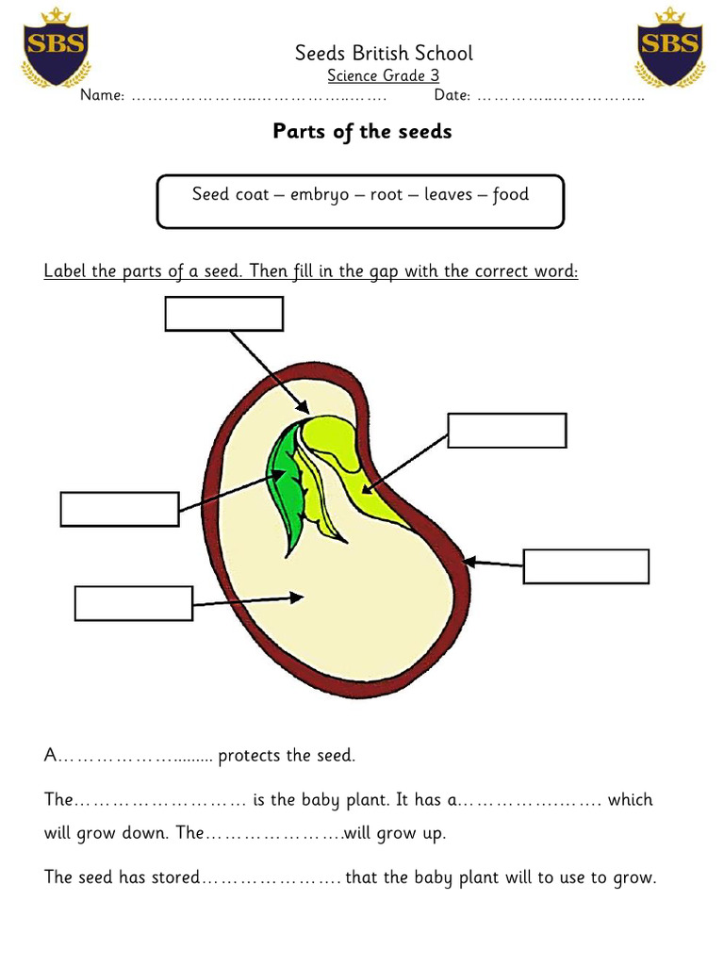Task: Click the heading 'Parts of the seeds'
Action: coord(362,131)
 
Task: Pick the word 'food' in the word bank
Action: coord(511,195)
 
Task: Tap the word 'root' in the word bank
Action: coord(387,195)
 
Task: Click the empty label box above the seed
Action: coord(223,314)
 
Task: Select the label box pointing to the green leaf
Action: coord(119,509)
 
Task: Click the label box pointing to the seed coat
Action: coord(585,566)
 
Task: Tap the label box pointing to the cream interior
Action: coord(133,603)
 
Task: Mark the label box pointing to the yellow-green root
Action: coord(506,431)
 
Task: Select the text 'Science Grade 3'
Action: coord(383,75)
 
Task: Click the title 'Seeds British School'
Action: coord(384,54)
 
